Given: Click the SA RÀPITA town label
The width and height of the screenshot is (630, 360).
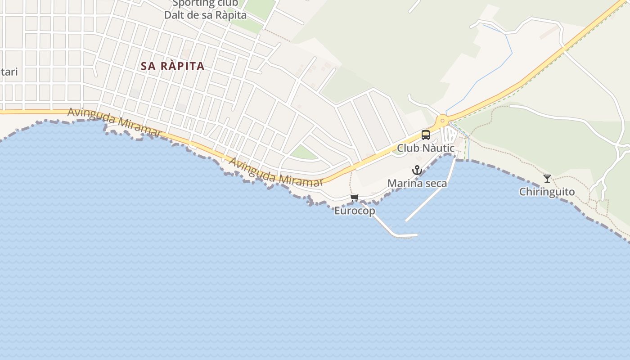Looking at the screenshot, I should pos(173,66).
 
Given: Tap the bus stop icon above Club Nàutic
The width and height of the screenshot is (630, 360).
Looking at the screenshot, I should pos(425,135).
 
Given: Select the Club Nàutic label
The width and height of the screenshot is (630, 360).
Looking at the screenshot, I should pos(425,148).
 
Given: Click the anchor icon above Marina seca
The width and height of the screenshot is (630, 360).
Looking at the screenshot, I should pos(417,170).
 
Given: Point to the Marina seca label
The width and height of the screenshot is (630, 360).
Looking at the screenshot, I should pos(417,184).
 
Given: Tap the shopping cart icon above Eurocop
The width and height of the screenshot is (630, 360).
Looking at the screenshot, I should pos(355,198).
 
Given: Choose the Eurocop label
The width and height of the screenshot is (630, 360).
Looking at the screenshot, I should pos(355,211).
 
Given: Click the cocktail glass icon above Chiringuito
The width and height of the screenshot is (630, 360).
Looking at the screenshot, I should pos(547,179).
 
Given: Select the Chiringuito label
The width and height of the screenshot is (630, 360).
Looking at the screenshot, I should pos(547,192).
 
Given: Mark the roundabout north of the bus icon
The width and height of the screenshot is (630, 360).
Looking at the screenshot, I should pos(443,120).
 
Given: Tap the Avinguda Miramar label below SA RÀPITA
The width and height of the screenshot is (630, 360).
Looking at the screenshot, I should pos(114,122).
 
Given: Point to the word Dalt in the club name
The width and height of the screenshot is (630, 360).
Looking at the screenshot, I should pos(175,15).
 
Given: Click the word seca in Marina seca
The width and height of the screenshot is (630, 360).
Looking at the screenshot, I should pos(436,184).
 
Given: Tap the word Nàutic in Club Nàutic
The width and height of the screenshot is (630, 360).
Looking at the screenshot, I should pos(438,148).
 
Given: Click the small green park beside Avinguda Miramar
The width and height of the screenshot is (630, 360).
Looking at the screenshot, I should pos(304,153).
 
